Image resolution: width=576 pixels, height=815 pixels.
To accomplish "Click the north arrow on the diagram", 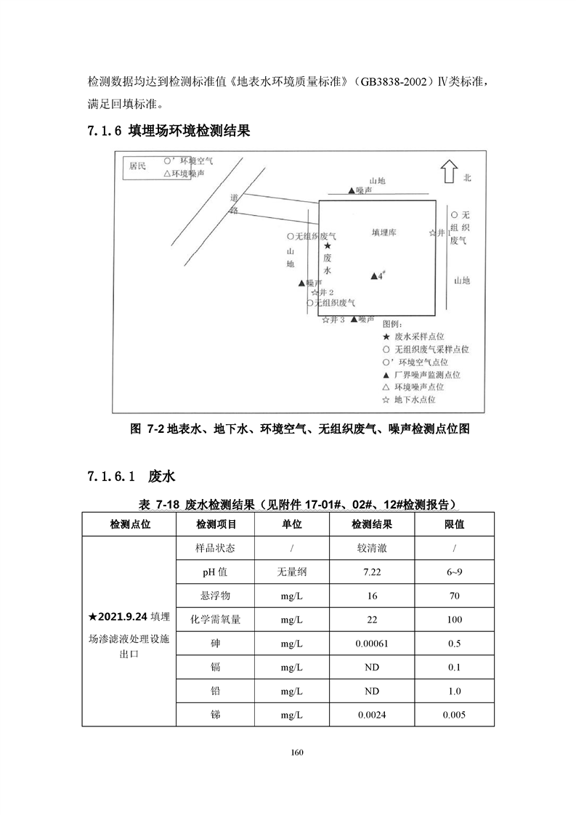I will coord(447,171).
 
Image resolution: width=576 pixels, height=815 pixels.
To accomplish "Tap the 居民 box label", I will coord(137,166).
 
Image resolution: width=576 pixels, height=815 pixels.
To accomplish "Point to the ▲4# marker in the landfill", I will coord(377,275).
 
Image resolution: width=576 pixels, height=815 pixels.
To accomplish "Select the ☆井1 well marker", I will coord(440,233).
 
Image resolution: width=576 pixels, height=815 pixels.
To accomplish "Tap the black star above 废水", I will coord(328,247).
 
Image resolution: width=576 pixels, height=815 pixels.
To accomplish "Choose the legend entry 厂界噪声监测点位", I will coord(421,375).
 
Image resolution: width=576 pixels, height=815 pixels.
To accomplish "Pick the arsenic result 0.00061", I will coord(372,643).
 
